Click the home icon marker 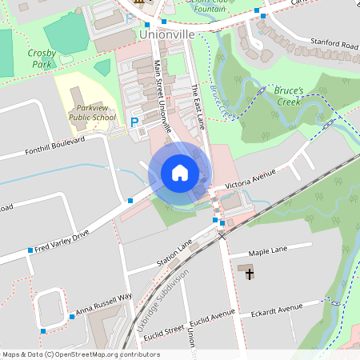click(180, 173)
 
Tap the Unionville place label click(166, 35)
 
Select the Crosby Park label click(41, 58)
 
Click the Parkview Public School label click(92, 112)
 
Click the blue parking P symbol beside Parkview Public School click(134, 122)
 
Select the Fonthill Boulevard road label click(54, 145)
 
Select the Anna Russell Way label click(103, 302)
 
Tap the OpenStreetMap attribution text click(81, 354)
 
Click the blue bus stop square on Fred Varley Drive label click(31, 250)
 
